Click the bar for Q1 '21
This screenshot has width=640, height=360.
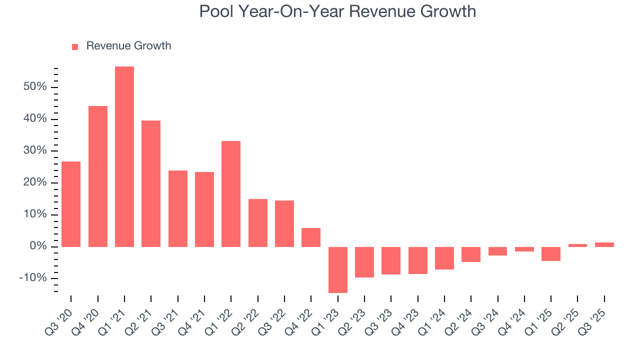pyautogui.click(x=124, y=156)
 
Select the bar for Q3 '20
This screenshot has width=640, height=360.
pyautogui.click(x=71, y=204)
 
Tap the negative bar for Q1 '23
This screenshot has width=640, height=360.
pyautogui.click(x=338, y=269)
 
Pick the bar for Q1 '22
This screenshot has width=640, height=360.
pyautogui.click(x=231, y=194)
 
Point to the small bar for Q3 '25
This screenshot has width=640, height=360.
pyautogui.click(x=604, y=244)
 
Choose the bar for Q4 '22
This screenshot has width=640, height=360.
pyautogui.click(x=311, y=237)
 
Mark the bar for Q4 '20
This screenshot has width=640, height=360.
pyautogui.click(x=98, y=176)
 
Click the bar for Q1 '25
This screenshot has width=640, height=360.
pyautogui.click(x=551, y=254)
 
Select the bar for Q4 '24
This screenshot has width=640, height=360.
pyautogui.click(x=524, y=249)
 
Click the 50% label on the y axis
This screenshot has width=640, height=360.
pyautogui.click(x=34, y=87)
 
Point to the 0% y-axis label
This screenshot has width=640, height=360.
pyautogui.click(x=38, y=246)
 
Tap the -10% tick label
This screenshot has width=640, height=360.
pyautogui.click(x=32, y=278)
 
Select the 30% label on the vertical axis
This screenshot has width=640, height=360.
pyautogui.click(x=34, y=151)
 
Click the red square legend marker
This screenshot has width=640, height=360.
pyautogui.click(x=75, y=46)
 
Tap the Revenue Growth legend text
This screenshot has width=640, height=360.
pyautogui.click(x=128, y=46)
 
